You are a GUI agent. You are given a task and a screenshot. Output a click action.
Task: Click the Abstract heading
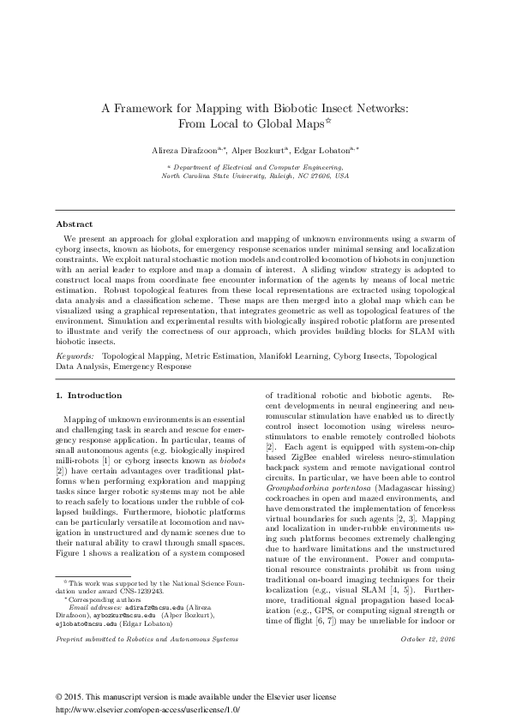click(74, 224)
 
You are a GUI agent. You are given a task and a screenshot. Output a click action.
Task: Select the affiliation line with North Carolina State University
click(256, 176)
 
